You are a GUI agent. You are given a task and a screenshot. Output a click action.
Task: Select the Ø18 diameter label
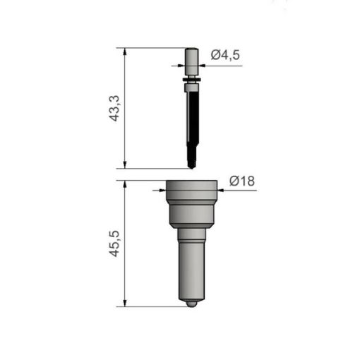click(x=241, y=181)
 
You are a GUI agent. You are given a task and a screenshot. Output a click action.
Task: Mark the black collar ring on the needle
click(x=191, y=86)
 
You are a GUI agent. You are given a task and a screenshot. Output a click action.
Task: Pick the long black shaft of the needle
click(x=191, y=124)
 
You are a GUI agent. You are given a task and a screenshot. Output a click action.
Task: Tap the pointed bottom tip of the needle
click(x=191, y=166)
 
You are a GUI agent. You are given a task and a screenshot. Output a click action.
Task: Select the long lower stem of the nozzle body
click(x=191, y=268)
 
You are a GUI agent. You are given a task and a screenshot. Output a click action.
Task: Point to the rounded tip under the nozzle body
click(x=191, y=304)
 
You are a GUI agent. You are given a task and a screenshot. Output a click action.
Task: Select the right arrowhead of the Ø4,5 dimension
click(x=201, y=66)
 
